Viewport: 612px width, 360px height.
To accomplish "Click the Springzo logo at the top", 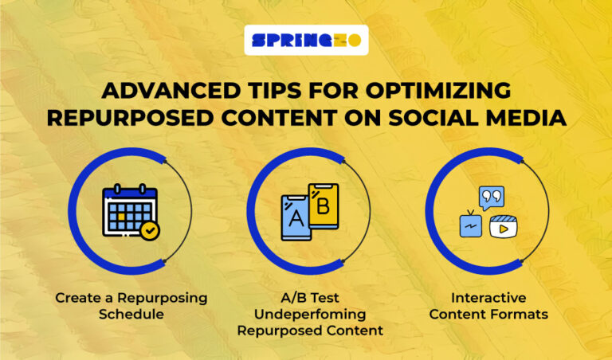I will [x=306, y=40].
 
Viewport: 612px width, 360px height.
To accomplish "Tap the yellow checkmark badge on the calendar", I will [x=148, y=231].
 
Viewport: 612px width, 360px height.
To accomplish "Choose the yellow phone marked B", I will [x=323, y=208].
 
